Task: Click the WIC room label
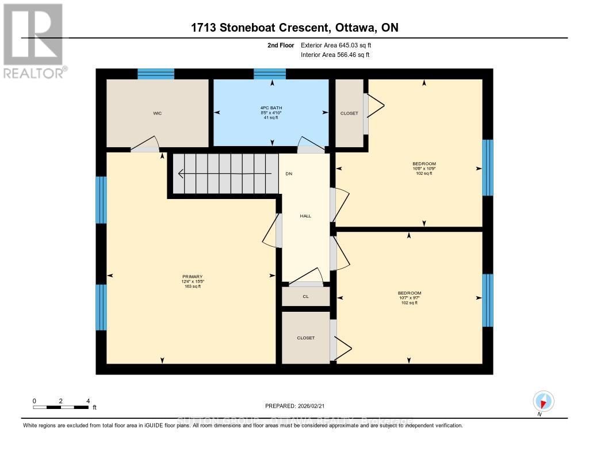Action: [157, 113]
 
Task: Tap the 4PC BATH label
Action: [271, 108]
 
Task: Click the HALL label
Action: [305, 216]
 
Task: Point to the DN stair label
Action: [289, 173]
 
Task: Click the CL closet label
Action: [305, 297]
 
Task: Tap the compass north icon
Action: [542, 401]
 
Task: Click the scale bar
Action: [62, 407]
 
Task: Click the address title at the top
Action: [294, 28]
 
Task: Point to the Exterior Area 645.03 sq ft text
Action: [341, 45]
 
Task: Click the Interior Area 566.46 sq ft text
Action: [335, 55]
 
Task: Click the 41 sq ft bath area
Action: [271, 117]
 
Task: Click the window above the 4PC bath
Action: [270, 73]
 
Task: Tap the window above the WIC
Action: [155, 73]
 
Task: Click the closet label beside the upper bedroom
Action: [349, 113]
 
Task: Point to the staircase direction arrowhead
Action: [181, 173]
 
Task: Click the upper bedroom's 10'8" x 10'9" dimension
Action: [424, 169]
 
